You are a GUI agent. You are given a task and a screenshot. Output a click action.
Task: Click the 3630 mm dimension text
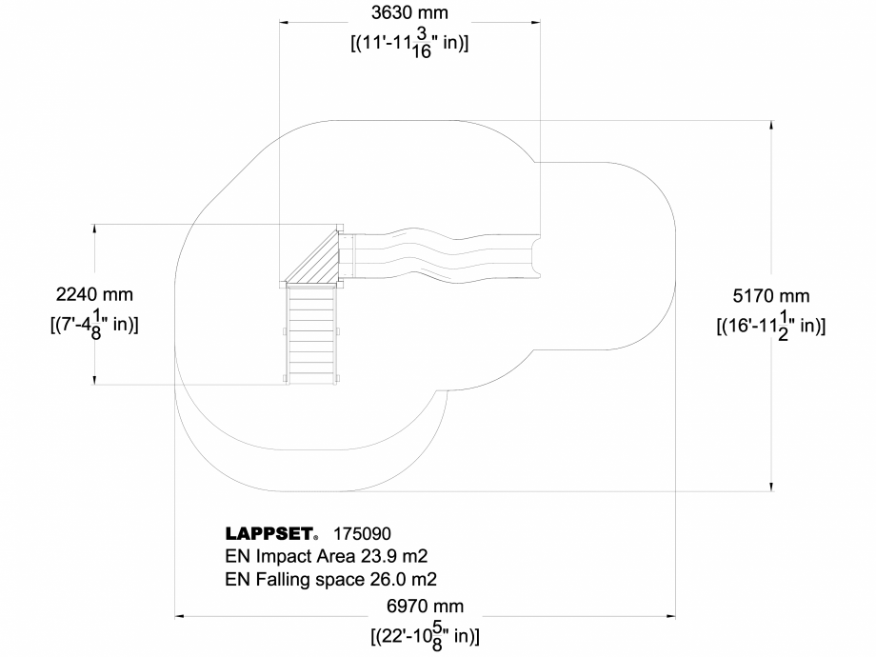pyautogui.click(x=408, y=13)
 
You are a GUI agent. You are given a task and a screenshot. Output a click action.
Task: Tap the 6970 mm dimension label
pyautogui.click(x=425, y=606)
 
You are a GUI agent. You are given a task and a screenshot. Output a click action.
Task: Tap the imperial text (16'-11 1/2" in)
pyautogui.click(x=770, y=326)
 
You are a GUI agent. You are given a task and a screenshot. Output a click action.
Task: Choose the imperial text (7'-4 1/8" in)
pyautogui.click(x=94, y=325)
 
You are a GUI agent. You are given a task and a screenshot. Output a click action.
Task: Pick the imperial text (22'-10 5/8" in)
pyautogui.click(x=425, y=635)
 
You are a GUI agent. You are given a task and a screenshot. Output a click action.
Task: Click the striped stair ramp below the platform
pyautogui.click(x=311, y=333)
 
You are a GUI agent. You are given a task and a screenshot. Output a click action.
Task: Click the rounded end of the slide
pyautogui.click(x=538, y=255)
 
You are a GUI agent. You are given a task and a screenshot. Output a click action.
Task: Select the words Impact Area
pyautogui.click(x=299, y=556)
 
